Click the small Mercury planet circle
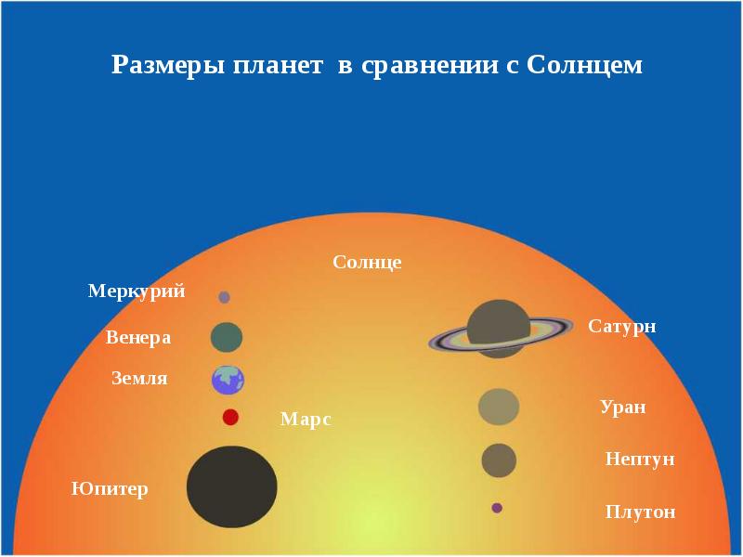(224, 297)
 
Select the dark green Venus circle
(227, 337)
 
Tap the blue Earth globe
(228, 380)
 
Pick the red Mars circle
(230, 417)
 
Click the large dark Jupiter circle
(232, 486)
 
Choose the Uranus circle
(499, 407)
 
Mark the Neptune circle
(499, 460)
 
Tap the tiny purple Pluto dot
(497, 508)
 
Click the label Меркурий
(137, 291)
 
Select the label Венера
(138, 338)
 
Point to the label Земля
(139, 379)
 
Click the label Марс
(306, 420)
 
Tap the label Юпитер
(110, 488)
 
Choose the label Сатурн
(622, 327)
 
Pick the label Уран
(622, 408)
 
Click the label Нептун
(639, 460)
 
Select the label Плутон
(640, 512)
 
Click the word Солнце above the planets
(367, 263)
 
